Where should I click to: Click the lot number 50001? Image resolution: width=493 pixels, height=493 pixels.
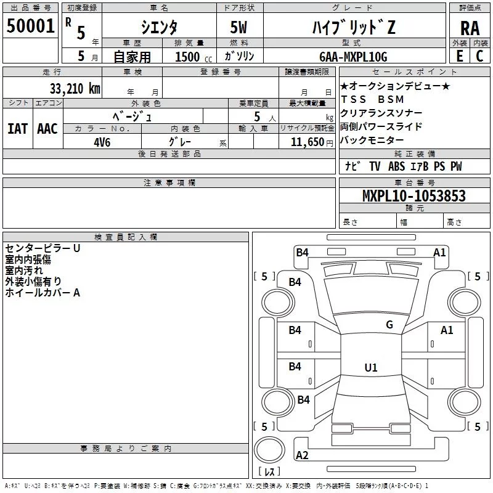[x=30, y=26]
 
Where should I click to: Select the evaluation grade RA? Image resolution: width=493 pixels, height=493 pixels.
[x=470, y=28]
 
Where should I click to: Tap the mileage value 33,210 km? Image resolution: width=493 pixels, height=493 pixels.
[x=75, y=89]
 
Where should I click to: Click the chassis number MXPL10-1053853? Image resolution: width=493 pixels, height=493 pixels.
[x=414, y=195]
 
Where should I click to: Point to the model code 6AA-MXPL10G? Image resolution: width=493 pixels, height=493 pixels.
[x=353, y=57]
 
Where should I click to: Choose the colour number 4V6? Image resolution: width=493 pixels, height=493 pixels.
[x=102, y=142]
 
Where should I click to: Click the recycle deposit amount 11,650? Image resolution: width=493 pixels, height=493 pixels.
[x=307, y=142]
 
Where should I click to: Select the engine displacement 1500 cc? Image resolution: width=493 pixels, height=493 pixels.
[x=194, y=57]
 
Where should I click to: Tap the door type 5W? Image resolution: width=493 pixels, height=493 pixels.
[x=238, y=27]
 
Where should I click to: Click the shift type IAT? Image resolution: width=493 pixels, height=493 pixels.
[x=18, y=129]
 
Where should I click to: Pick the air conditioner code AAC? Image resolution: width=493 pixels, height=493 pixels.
[x=47, y=129]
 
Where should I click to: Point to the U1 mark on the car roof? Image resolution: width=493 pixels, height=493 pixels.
[x=371, y=367]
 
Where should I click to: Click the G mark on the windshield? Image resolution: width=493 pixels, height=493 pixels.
[x=389, y=324]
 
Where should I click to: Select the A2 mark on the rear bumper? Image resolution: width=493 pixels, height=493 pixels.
[x=302, y=455]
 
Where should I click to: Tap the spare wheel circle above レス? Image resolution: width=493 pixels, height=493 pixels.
[x=269, y=450]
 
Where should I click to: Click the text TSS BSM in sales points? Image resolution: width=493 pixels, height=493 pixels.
[x=372, y=99]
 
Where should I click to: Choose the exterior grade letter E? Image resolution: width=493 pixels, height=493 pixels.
[x=460, y=56]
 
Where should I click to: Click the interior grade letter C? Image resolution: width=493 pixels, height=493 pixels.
[x=479, y=56]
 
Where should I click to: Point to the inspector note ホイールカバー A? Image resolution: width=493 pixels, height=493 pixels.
[x=43, y=293]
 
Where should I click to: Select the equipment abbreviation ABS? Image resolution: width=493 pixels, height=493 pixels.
[x=396, y=166]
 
